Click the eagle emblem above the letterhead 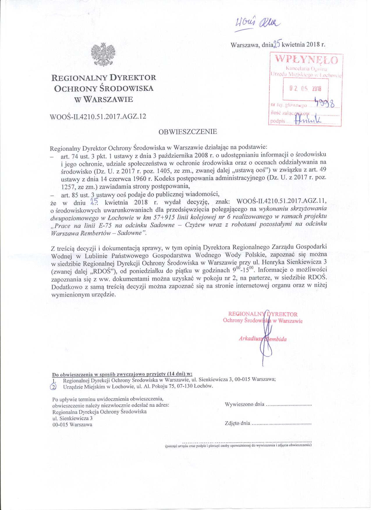click(103, 54)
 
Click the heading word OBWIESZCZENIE click(187, 131)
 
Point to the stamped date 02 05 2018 click(305, 89)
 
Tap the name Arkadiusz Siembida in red click(262, 339)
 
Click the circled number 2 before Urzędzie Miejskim click(53, 386)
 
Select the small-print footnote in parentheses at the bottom click(238, 445)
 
